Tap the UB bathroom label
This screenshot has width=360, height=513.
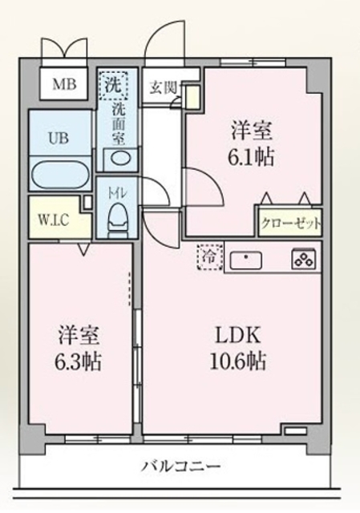(58, 138)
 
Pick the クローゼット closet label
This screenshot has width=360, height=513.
(289, 222)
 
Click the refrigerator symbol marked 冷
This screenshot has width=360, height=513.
(208, 258)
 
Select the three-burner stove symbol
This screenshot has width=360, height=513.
(303, 260)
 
